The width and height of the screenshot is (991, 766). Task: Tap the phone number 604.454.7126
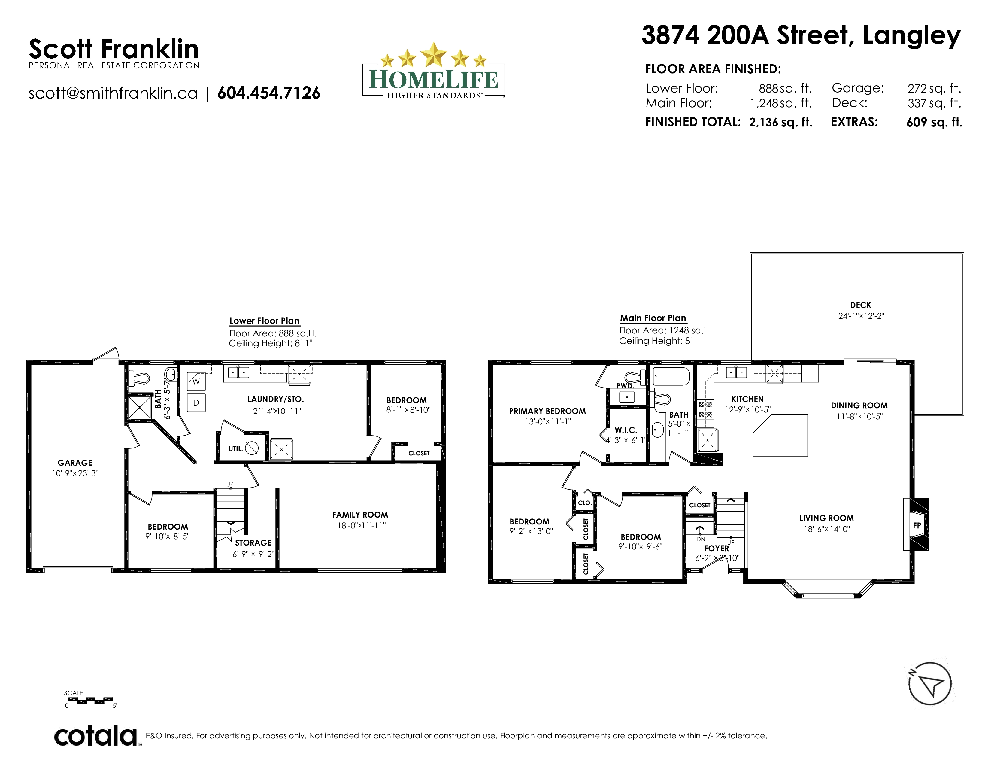269,93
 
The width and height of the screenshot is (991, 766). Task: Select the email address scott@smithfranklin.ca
113,93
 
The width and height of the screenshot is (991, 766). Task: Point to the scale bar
90,700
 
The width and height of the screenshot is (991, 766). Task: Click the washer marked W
196,381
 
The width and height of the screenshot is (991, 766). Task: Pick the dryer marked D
196,403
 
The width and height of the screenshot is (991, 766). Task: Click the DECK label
861,305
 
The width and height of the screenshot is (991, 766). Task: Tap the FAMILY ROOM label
360,515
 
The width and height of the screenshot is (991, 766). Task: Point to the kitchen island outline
780,435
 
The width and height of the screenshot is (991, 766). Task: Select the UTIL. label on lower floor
235,449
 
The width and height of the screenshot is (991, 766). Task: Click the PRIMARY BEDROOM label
547,411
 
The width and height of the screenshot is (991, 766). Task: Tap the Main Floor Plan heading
653,318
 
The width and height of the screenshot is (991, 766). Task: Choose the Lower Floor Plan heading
264,321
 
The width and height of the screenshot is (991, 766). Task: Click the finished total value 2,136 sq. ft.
780,122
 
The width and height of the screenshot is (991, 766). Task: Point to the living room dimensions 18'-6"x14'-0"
826,529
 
